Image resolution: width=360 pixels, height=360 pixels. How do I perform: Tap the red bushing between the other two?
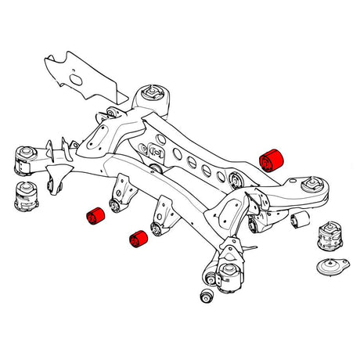[139, 239]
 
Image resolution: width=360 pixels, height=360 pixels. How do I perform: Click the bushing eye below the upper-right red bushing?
[239, 182]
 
